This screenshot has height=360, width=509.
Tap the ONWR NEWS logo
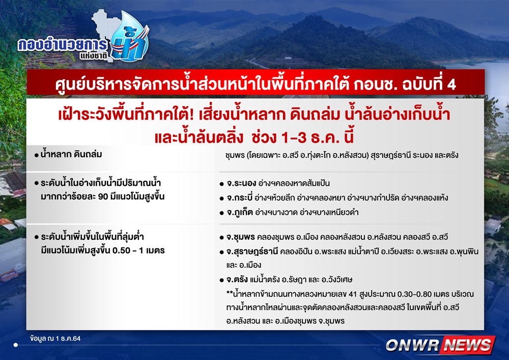tap(440, 345)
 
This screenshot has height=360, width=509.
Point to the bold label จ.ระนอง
tap(241, 183)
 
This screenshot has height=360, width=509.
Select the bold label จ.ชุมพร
tap(241, 237)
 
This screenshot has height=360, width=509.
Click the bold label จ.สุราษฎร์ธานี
tap(252, 252)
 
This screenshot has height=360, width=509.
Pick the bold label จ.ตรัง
tap(237, 280)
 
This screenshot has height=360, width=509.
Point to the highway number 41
tap(352, 294)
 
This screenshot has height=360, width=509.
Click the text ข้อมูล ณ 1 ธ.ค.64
tap(55, 339)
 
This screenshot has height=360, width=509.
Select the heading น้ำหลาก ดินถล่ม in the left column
tap(71, 154)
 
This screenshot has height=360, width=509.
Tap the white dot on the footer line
tap(16, 345)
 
